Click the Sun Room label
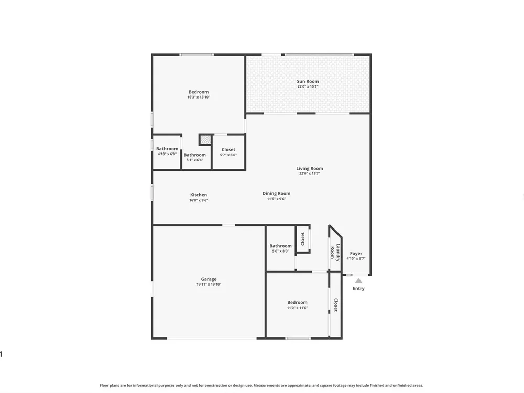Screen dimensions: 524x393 click(308, 81)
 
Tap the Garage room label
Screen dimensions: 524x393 click(209, 279)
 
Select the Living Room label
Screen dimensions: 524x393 click(310, 168)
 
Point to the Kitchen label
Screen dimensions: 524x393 click(199, 195)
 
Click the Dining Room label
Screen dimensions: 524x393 click(276, 193)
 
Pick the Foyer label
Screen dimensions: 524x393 click(356, 253)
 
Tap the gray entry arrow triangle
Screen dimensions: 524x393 click(358, 281)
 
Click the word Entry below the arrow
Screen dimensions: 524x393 click(358, 288)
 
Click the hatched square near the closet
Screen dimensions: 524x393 click(205, 139)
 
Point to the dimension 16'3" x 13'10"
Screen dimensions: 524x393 click(199, 97)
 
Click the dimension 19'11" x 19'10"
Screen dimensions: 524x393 click(209, 285)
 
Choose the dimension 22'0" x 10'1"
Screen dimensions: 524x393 click(308, 86)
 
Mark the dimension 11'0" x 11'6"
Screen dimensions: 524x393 click(297, 308)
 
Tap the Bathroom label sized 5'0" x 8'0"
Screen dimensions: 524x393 click(280, 246)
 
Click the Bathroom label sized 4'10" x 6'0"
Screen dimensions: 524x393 click(167, 149)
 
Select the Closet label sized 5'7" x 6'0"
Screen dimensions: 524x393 click(228, 150)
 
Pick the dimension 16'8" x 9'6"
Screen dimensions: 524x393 click(199, 200)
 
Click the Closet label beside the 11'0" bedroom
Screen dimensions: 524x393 click(336, 305)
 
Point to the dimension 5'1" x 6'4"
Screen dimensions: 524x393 click(194, 160)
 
